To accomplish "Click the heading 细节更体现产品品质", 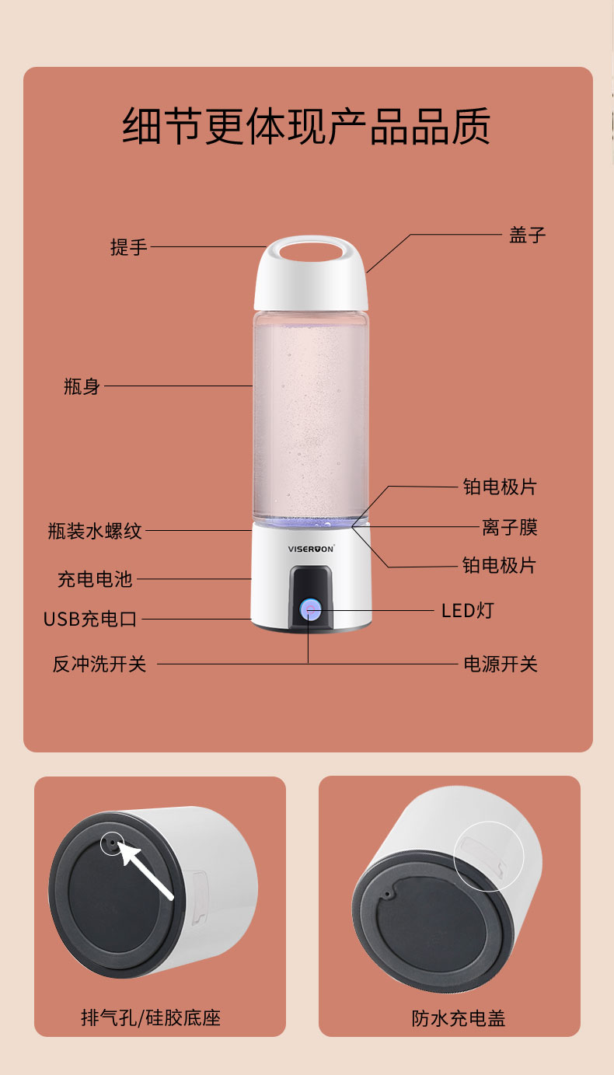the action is (306, 126).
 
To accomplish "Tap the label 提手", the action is (128, 247).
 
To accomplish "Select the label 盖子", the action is (527, 236).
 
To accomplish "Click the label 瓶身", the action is (82, 386).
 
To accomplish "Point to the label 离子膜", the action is (509, 527).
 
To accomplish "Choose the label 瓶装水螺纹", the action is (95, 531).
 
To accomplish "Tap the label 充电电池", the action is (95, 579).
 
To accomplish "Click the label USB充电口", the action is (90, 619).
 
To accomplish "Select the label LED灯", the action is (468, 611).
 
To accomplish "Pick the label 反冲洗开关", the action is (99, 664).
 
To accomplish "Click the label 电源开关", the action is (501, 664).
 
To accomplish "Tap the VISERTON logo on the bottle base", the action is (311, 549).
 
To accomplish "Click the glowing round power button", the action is (310, 610).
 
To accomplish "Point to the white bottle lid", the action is (311, 273).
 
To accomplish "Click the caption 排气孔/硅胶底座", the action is (151, 1018).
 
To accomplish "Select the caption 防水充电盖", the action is (459, 1018).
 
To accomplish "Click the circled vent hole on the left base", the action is (113, 843).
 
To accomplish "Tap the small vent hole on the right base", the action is (386, 895).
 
